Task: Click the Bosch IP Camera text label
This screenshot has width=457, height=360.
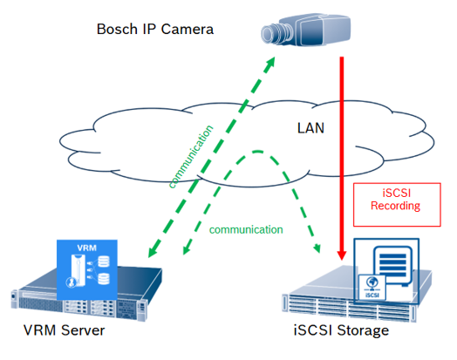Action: tap(155, 29)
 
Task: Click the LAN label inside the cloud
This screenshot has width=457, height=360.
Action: tap(310, 128)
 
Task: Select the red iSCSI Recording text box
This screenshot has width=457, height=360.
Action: tap(397, 205)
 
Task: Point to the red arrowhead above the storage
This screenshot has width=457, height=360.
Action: tap(342, 255)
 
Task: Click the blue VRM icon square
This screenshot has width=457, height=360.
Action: tap(87, 269)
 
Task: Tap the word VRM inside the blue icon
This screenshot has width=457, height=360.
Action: tap(87, 248)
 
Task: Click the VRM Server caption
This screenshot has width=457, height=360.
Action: tap(65, 330)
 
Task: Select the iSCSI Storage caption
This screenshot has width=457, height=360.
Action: tap(341, 330)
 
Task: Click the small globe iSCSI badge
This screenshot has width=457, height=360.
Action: tap(372, 287)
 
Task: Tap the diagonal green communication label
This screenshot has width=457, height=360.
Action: tap(191, 157)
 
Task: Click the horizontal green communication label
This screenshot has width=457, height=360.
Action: tap(246, 230)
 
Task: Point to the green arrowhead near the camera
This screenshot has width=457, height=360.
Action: tap(270, 62)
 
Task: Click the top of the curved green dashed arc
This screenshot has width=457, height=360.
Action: tap(257, 152)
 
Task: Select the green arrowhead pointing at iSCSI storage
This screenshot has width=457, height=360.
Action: tap(317, 248)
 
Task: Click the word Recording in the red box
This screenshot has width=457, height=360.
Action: tap(395, 206)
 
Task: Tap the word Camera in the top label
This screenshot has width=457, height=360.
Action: tap(188, 29)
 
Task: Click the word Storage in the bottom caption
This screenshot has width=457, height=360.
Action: tap(363, 330)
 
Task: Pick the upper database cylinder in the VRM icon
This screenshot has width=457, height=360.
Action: tap(104, 262)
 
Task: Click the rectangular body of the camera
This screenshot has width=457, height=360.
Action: tap(321, 31)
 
